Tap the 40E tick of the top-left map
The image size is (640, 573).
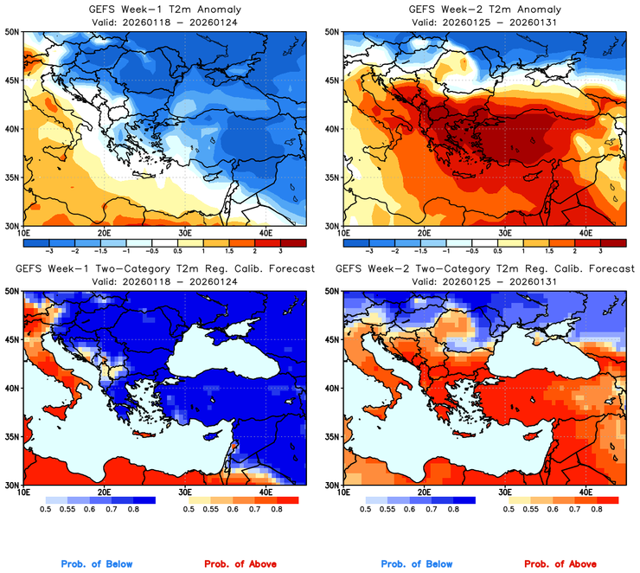click(266, 233)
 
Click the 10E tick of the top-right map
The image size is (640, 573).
click(343, 233)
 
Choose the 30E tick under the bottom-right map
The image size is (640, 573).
click(505, 493)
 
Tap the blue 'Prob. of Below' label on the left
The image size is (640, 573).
click(97, 564)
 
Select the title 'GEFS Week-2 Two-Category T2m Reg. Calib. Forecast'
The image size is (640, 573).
click(484, 268)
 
